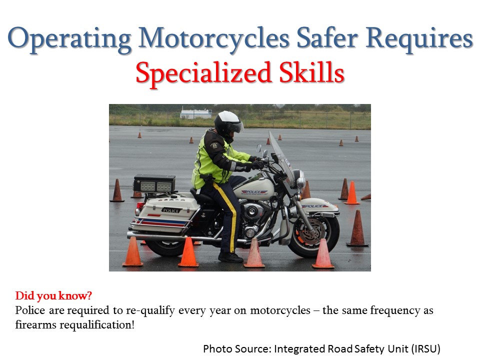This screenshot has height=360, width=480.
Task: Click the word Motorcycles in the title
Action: (213, 39)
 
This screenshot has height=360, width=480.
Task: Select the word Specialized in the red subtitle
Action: (204, 73)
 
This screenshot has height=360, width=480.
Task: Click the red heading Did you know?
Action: (53, 295)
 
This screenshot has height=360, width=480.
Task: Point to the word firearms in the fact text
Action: (36, 324)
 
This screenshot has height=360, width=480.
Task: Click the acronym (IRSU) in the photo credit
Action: (426, 348)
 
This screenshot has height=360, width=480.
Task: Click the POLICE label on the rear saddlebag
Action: (171, 210)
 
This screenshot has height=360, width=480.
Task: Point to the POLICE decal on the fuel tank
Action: (253, 191)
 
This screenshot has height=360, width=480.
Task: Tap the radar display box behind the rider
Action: (154, 183)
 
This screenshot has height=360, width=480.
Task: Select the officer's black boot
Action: (230, 257)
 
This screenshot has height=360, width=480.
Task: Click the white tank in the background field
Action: (196, 113)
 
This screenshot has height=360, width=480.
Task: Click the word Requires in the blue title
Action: (419, 39)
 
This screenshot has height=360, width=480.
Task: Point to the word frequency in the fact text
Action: (395, 310)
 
